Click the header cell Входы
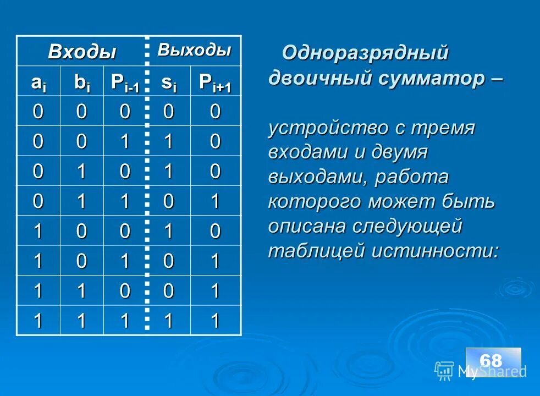(82, 52)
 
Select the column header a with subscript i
(38, 82)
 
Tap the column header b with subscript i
(82, 82)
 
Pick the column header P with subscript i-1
(125, 82)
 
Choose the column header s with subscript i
(169, 82)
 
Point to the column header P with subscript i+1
(215, 82)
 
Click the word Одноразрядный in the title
(365, 53)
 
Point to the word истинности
(436, 251)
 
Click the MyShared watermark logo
(481, 371)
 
